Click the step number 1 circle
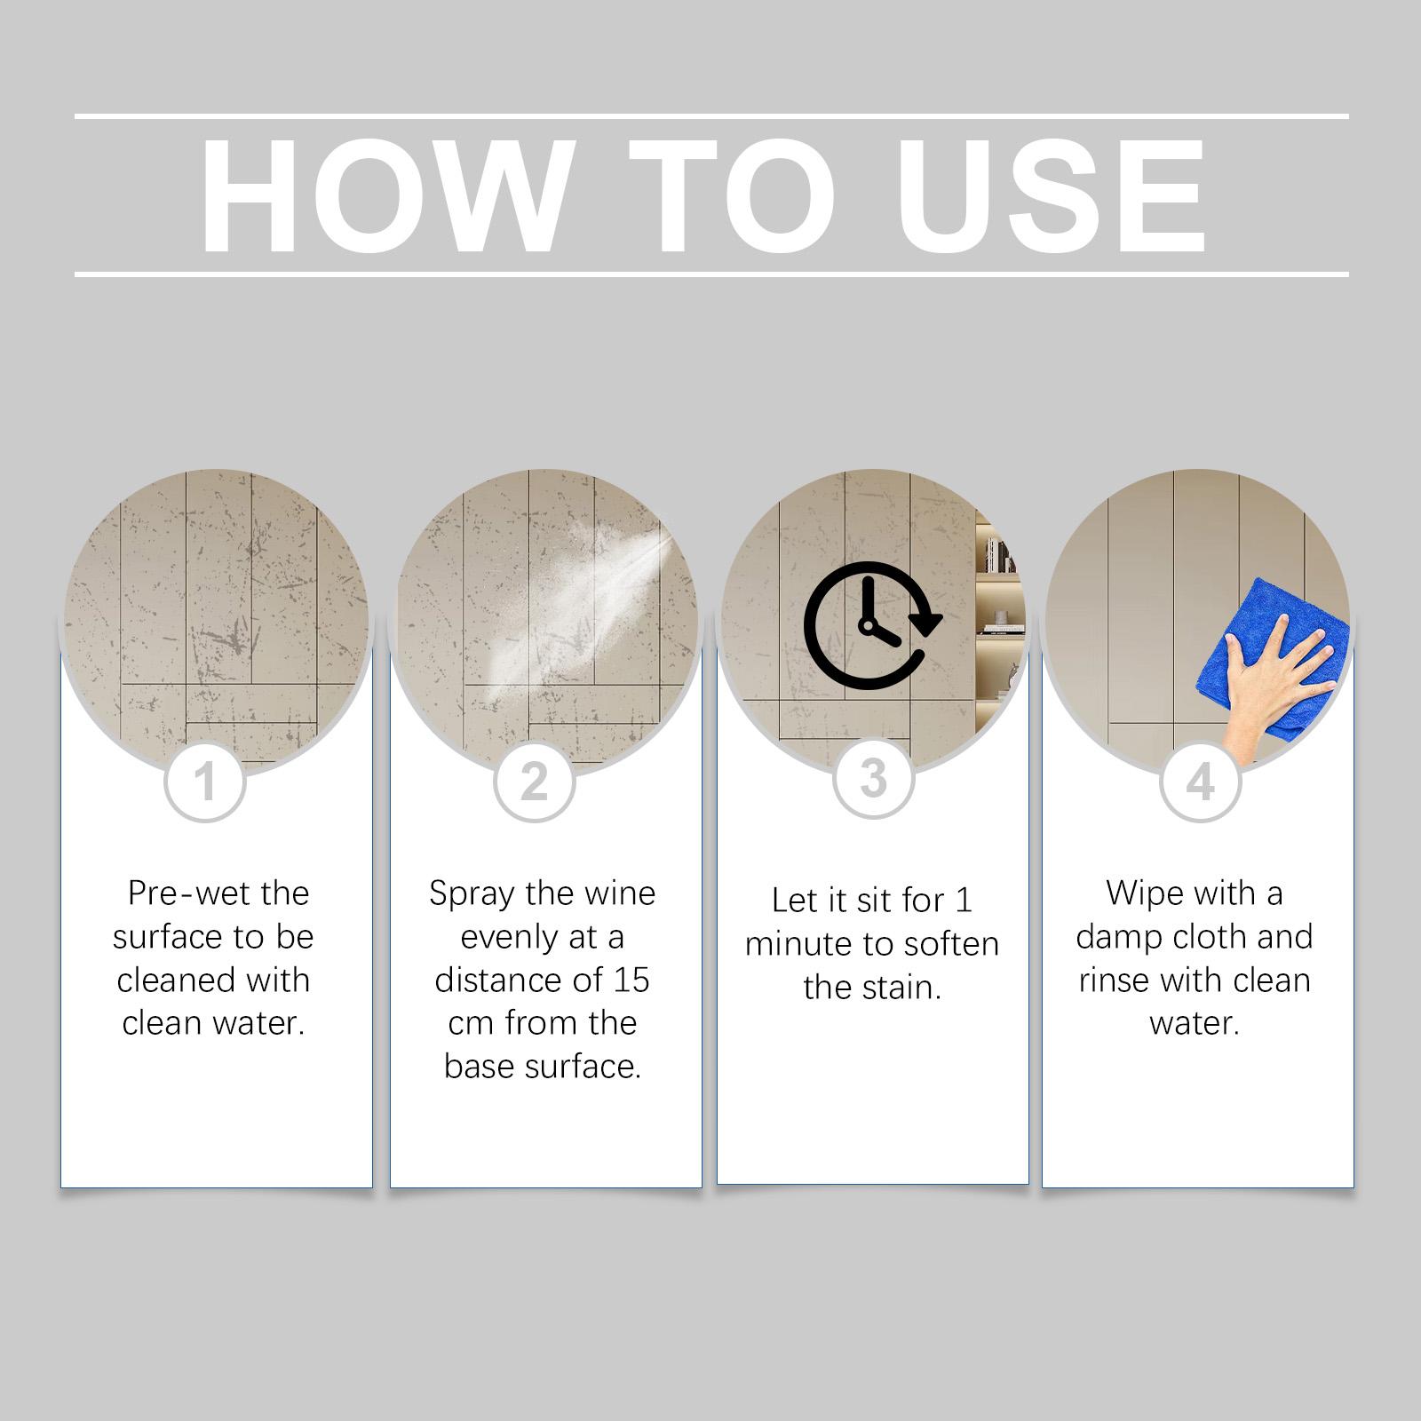(x=205, y=782)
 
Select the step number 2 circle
(x=535, y=782)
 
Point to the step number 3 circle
(x=874, y=778)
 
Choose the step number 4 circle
(x=1201, y=782)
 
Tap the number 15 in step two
(x=631, y=980)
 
